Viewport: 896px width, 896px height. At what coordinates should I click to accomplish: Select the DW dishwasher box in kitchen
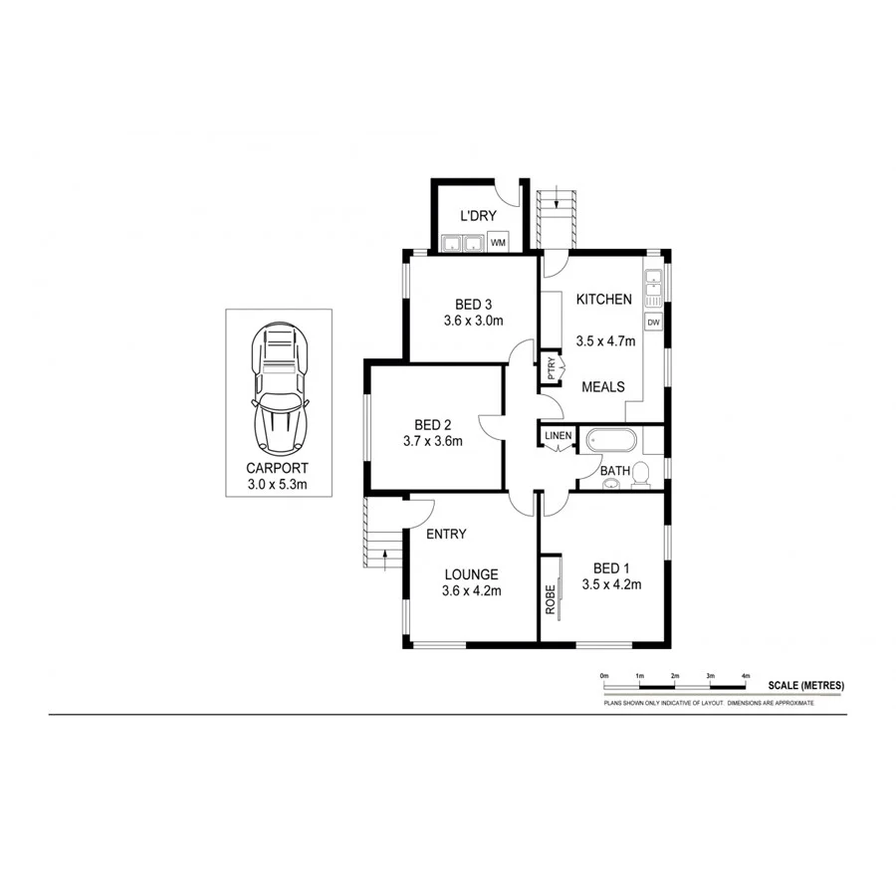click(x=654, y=323)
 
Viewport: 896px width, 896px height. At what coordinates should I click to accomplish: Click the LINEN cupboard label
click(x=558, y=436)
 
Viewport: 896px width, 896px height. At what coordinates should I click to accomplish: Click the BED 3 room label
click(x=474, y=304)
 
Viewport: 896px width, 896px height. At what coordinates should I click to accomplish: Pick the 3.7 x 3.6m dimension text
click(x=433, y=441)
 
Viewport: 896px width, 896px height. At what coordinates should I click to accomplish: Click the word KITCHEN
click(x=604, y=299)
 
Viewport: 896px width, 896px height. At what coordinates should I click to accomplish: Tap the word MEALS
click(x=603, y=386)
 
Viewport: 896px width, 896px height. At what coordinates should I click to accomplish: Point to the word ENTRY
click(x=446, y=534)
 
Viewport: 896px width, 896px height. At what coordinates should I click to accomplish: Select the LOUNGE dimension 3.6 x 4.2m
click(x=471, y=590)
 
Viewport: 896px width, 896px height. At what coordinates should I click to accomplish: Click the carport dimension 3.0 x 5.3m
click(x=278, y=485)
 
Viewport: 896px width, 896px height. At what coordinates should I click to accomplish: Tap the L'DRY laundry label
click(x=477, y=216)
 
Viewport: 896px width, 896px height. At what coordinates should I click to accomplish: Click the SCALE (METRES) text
click(x=805, y=685)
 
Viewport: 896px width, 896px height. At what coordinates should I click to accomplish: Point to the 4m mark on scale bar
click(x=745, y=676)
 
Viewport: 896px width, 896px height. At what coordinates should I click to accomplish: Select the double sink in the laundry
click(x=461, y=242)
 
